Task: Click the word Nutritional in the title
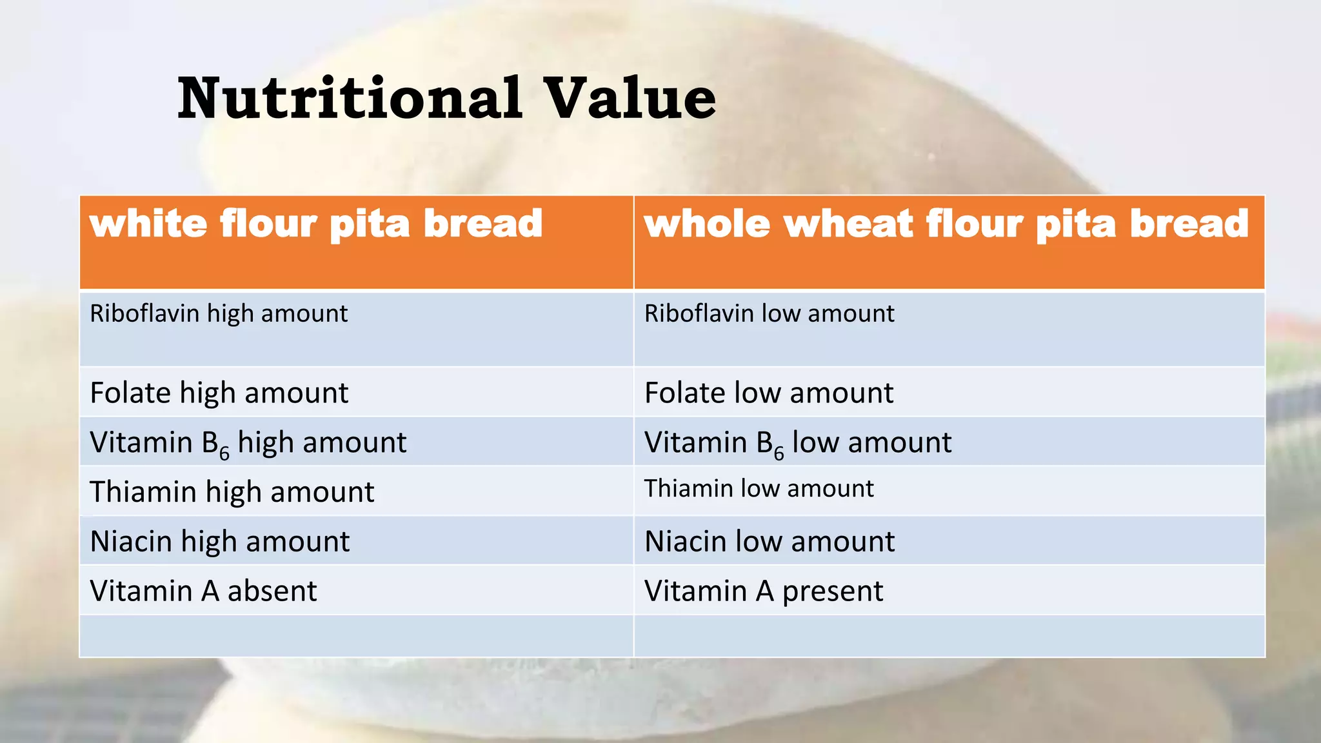(349, 99)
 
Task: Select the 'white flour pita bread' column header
(316, 224)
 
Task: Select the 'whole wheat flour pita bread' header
(946, 224)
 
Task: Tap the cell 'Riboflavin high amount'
(219, 314)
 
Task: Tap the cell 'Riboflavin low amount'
(769, 314)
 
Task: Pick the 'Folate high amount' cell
(219, 393)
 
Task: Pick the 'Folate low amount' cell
(769, 393)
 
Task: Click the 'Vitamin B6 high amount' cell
(248, 443)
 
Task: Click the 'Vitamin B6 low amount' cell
(798, 443)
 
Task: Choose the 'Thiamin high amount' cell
(232, 492)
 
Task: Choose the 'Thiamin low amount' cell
(759, 489)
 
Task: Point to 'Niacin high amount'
(219, 541)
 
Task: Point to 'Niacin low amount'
(770, 541)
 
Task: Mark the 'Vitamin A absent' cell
(203, 591)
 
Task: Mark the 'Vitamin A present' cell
(764, 591)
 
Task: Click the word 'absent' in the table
(272, 591)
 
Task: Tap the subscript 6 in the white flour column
(224, 453)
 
